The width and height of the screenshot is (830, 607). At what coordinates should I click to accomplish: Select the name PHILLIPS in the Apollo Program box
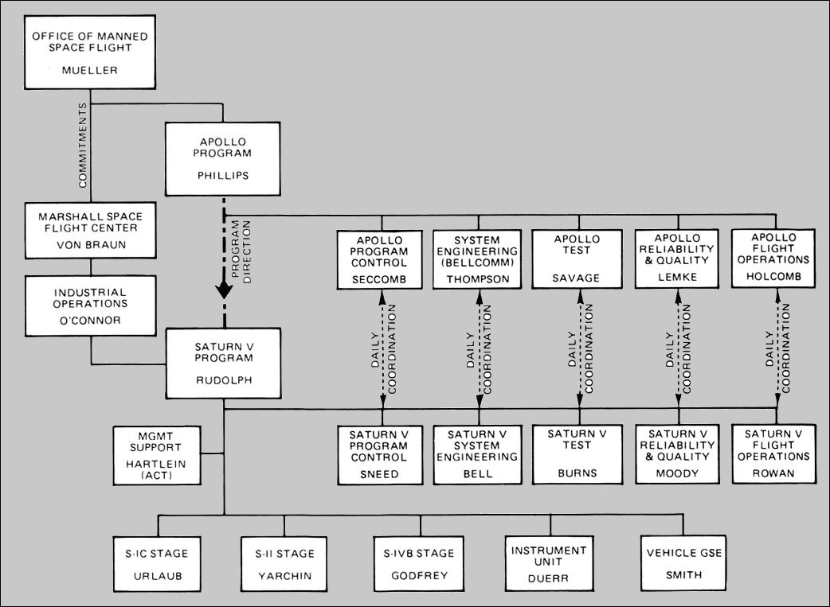[x=222, y=175]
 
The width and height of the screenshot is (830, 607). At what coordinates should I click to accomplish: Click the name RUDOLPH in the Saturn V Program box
[x=222, y=379]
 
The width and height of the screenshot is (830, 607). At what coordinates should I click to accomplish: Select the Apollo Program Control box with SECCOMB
[x=382, y=260]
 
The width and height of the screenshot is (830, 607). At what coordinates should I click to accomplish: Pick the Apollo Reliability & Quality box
[x=678, y=260]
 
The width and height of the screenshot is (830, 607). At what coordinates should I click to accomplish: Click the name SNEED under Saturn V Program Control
[x=382, y=474]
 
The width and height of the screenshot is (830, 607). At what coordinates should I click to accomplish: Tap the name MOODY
[x=678, y=474]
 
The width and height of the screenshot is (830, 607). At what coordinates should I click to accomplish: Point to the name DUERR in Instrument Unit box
[x=549, y=579]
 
